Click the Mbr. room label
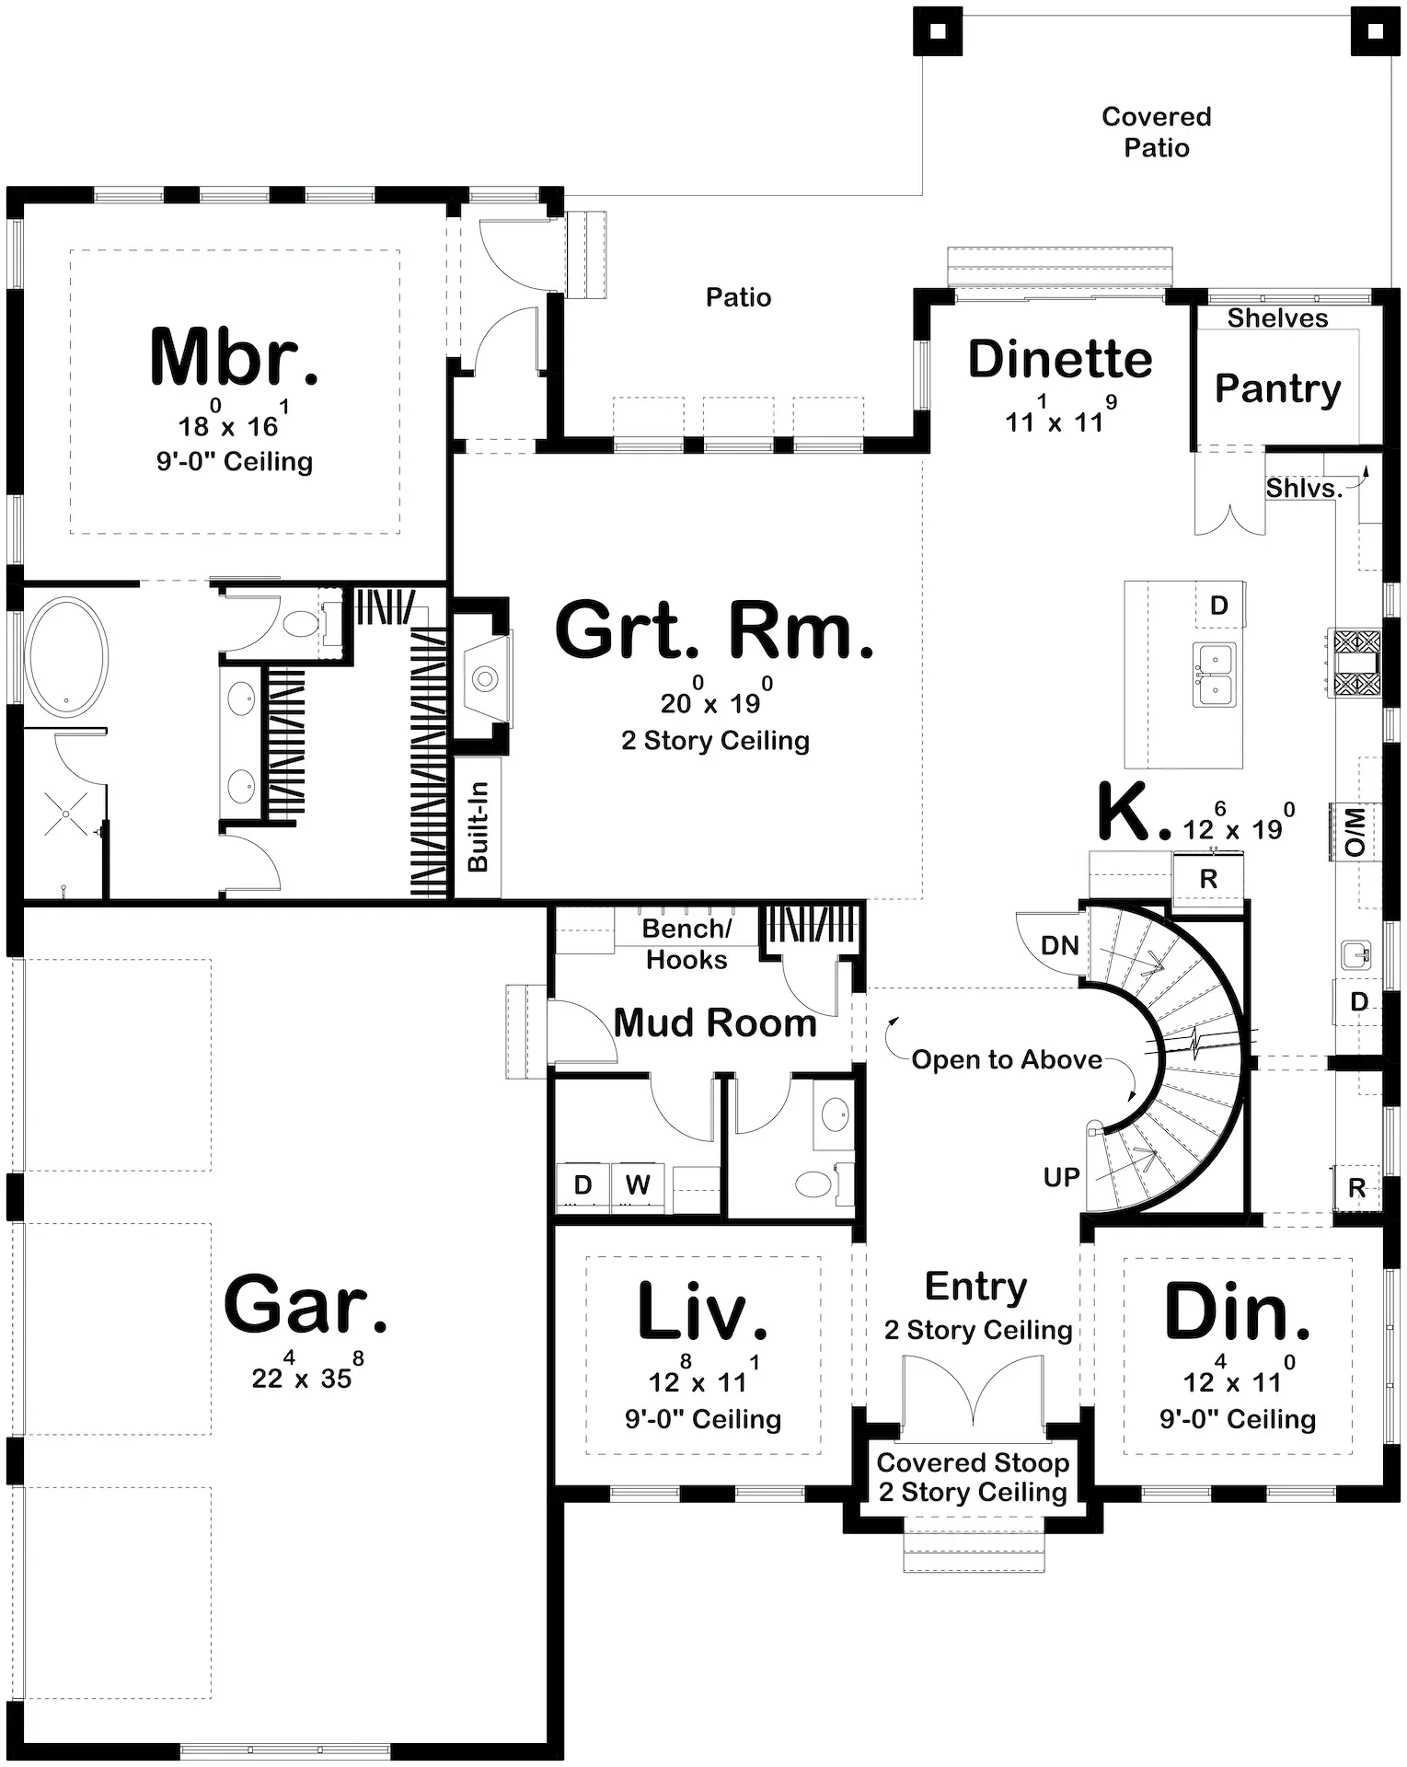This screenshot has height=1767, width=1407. point(235,357)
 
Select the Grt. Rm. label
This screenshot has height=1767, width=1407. point(714,631)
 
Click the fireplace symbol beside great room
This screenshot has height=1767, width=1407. point(484,679)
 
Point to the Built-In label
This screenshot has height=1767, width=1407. point(479,826)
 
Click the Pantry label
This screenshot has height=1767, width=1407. point(1277,388)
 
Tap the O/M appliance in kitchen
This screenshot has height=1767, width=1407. point(1355,832)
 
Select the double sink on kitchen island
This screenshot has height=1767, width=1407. point(1214,674)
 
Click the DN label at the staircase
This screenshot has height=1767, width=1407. point(1059,945)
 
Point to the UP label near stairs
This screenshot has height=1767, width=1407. point(1061,1176)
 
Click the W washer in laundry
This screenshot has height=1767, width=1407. point(638,1184)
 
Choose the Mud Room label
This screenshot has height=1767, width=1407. point(714,1022)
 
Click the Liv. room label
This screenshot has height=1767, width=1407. point(702,1311)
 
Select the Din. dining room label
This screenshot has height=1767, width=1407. point(1237,1311)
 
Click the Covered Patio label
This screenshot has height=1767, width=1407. point(1156,132)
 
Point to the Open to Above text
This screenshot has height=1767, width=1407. point(1006,1059)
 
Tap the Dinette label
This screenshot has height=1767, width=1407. point(1059,359)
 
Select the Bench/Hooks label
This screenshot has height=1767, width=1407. point(686,944)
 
